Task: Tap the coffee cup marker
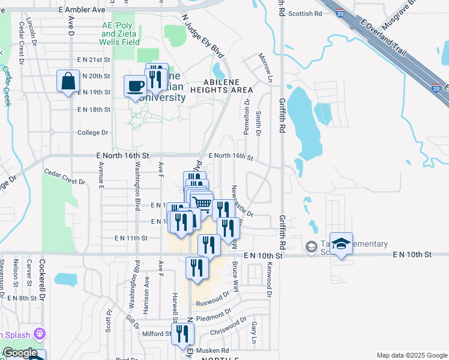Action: point(135,86)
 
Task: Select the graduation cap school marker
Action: point(341,245)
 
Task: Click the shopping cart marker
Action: point(203,204)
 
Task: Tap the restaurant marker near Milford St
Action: point(182,334)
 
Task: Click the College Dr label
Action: point(92,133)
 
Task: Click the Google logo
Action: point(19,353)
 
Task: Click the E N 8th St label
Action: point(23,298)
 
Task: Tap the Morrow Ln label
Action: point(265,67)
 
